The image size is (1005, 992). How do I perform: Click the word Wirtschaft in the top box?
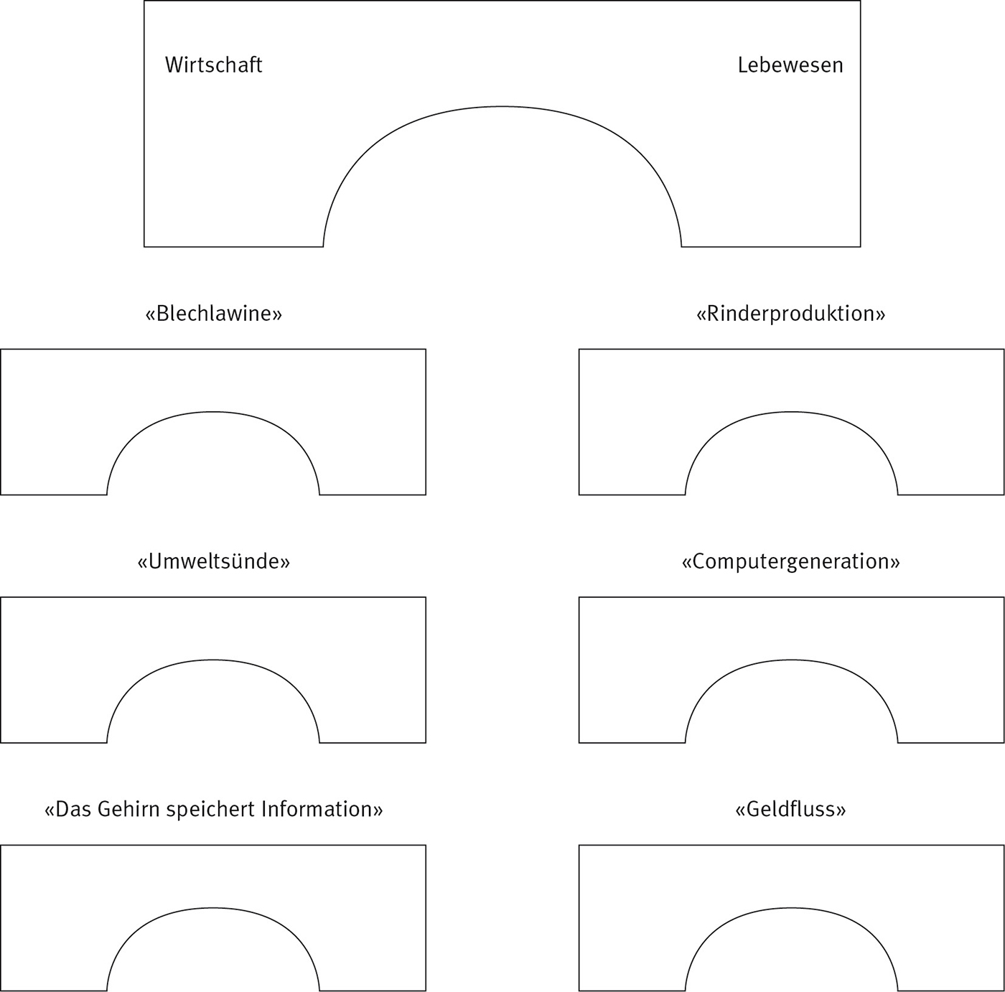pos(214,65)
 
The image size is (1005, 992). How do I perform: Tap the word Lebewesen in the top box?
pos(790,65)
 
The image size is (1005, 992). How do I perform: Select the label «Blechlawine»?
pos(213,314)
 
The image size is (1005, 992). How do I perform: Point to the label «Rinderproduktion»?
pos(790,314)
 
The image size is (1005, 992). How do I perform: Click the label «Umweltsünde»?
pos(213,561)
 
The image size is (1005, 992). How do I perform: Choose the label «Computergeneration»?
pos(790,561)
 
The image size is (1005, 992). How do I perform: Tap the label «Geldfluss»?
pos(790,809)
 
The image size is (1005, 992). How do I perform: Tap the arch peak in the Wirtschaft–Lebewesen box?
pos(502,106)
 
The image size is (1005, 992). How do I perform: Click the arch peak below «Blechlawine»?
pos(213,412)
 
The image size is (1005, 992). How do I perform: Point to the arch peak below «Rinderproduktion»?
pos(791,412)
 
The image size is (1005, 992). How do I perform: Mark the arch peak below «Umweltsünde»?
pos(213,660)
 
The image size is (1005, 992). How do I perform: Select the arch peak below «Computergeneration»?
pos(791,660)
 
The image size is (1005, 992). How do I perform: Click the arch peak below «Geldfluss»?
pos(791,907)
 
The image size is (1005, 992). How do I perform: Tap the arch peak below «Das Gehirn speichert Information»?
pos(213,907)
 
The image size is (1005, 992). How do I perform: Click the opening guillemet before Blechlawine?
pos(150,314)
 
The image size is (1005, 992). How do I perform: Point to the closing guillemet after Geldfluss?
pos(841,810)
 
